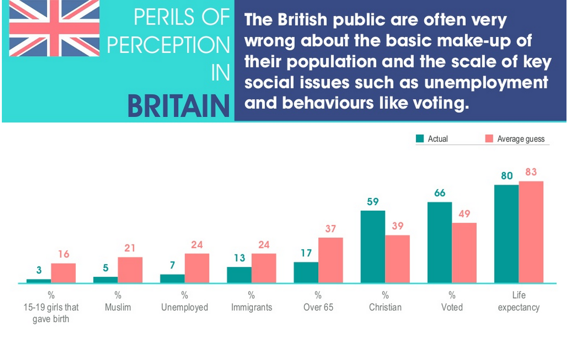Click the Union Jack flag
pos(54,28)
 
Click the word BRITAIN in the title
pos(179,106)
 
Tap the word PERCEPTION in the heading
pos(169,45)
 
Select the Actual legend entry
pos(433,139)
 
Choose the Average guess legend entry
pos(515,139)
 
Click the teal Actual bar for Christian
pos(373,246)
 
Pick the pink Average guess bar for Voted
pos(464,253)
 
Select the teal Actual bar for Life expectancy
pos(506,234)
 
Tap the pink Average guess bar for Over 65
pos(331,260)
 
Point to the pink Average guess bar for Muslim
pos(130,270)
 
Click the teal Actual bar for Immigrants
pos(239,275)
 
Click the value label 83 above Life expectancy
pos(531,172)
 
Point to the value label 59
pos(373,202)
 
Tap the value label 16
pos(63,254)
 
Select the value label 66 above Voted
pos(440,193)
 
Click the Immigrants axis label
pos(252,307)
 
